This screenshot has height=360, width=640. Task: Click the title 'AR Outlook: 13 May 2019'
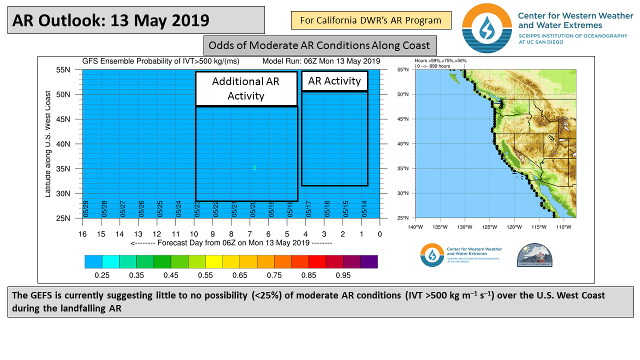click(110, 20)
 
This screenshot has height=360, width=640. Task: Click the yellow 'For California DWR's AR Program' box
click(370, 20)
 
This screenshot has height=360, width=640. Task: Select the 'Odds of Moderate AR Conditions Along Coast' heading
click(319, 45)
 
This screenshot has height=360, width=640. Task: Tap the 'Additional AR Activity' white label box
click(246, 88)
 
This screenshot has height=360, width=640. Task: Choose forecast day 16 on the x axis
click(82, 233)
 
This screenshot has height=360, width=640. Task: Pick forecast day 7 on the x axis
click(249, 233)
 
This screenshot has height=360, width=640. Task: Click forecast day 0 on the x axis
click(380, 233)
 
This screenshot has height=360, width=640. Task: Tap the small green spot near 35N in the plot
click(254, 167)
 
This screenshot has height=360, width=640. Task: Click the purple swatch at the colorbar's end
click(369, 261)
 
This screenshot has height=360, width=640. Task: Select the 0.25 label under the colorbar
click(102, 275)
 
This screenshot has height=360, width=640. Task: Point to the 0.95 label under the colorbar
click(343, 275)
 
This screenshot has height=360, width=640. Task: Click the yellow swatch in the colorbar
click(213, 261)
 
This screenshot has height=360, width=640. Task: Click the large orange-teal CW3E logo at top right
click(487, 28)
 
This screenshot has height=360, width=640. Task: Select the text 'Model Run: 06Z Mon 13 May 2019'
click(321, 61)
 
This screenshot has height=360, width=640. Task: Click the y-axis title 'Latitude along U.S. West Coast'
click(48, 144)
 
